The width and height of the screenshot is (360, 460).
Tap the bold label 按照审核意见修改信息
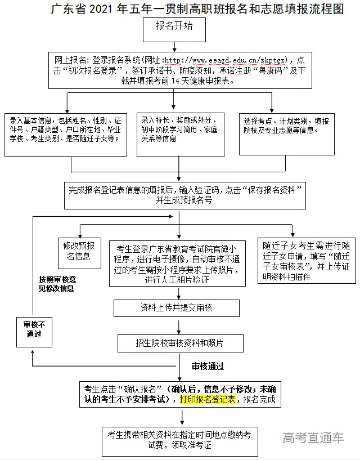tap(56, 283)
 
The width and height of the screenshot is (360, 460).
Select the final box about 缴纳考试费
tap(179, 439)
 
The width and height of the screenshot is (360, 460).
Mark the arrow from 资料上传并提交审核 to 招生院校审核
tap(179, 325)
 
